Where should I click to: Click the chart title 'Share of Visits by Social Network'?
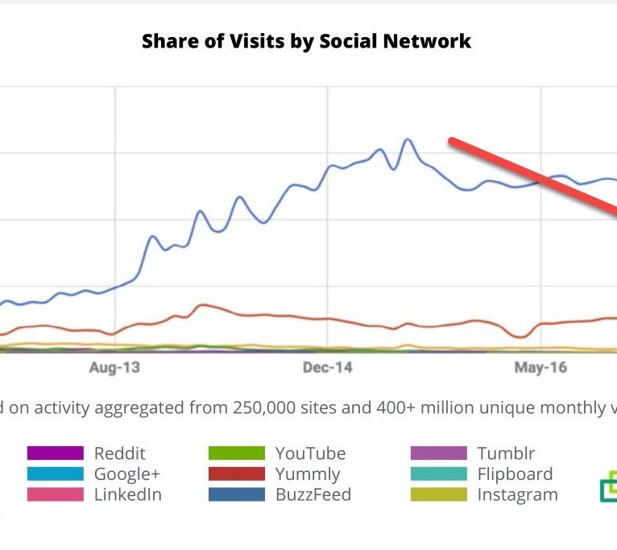[x=306, y=41]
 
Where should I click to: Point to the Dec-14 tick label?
[x=327, y=368]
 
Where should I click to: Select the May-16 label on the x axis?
[x=540, y=368]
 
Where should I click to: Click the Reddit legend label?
[x=119, y=453]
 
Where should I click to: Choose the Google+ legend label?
[x=127, y=473]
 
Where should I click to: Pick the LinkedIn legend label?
[x=127, y=494]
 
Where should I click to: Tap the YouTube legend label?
[x=310, y=453]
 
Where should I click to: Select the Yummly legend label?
[x=308, y=473]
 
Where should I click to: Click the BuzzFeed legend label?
[x=313, y=494]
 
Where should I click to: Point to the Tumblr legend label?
[x=506, y=453]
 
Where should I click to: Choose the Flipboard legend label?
[x=515, y=473]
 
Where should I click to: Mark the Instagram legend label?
[x=517, y=494]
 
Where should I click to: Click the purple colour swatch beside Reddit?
[x=55, y=453]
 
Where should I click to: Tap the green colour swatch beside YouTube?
[x=236, y=453]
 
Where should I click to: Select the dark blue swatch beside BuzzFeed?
[x=236, y=494]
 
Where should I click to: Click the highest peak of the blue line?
[x=408, y=140]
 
